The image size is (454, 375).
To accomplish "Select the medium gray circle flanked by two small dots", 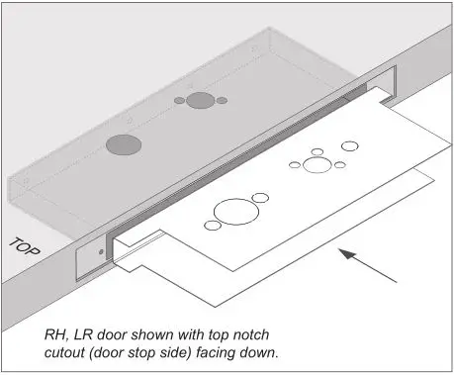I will tap(200, 101).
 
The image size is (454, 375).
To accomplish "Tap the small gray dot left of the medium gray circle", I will tap(179, 101).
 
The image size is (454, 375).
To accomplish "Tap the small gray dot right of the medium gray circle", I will tap(222, 100).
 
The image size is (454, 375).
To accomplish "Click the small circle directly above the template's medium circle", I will tap(317, 151).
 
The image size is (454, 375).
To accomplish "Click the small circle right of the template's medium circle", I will tap(339, 164).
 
